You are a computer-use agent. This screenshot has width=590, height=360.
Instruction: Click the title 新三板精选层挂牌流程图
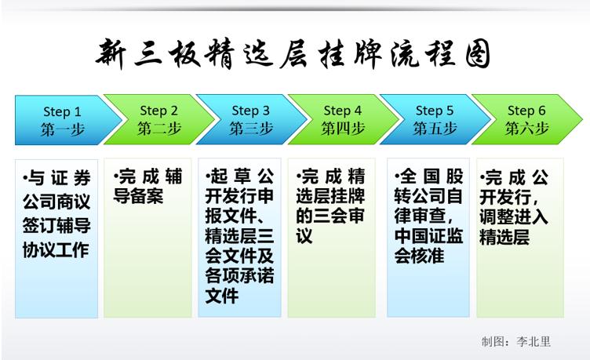point(293,54)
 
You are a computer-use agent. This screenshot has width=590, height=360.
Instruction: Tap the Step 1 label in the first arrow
point(62,111)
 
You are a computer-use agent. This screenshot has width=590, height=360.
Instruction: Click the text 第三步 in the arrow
point(251,129)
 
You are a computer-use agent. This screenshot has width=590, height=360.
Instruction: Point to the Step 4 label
point(342,111)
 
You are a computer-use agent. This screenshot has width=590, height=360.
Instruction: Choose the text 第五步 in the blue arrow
point(435,129)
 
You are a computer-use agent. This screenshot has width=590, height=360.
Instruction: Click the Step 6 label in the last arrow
point(526,111)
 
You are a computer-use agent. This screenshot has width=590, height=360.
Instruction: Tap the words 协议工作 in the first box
point(56,249)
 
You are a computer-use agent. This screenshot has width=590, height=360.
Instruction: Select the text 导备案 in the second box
point(138,196)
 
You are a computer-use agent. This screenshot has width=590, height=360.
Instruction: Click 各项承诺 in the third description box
point(239,276)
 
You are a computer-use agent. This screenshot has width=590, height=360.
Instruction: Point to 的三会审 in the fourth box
point(330,216)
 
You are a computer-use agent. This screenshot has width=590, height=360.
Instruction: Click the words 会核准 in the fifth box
point(419,256)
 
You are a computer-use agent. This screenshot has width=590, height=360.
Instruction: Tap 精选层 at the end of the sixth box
point(504,238)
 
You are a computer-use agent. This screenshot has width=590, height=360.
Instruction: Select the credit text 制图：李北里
point(516,341)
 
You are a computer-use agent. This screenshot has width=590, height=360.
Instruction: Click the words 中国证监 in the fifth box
point(428,236)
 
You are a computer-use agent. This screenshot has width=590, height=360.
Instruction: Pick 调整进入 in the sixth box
point(514,217)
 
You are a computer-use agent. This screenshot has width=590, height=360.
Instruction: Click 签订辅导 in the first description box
point(56,226)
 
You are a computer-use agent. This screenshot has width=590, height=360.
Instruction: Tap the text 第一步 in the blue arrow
point(63,129)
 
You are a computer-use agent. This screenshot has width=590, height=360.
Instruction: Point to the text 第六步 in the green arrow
point(526,129)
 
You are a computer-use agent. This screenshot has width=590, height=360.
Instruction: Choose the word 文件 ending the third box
point(222,296)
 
